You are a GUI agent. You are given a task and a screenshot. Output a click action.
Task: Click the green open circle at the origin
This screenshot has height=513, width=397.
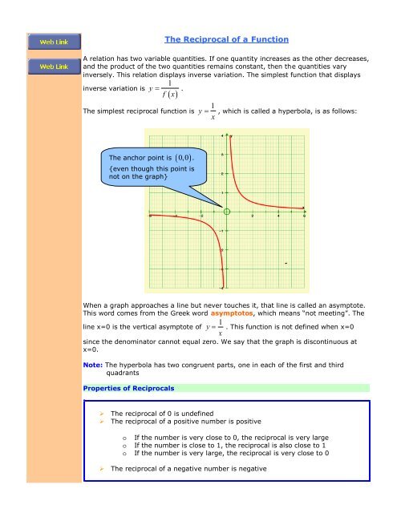(x=228, y=212)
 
